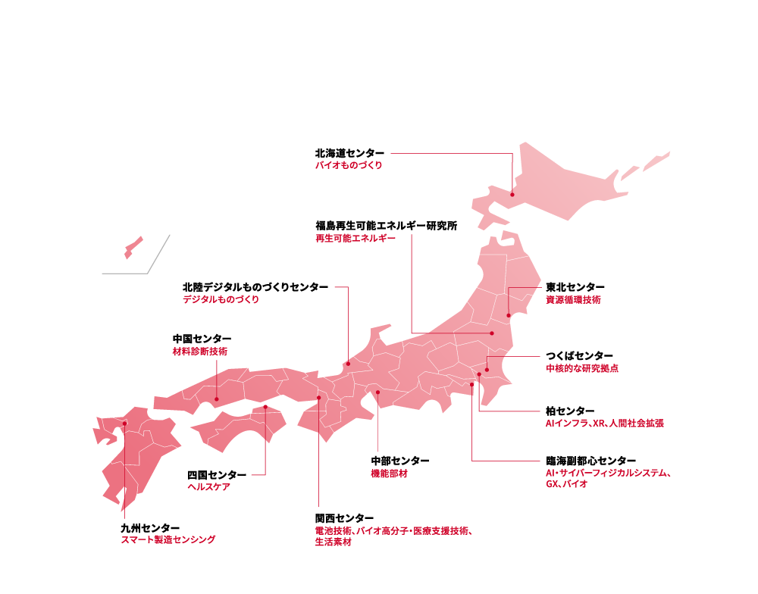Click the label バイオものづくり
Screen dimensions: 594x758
tap(349, 165)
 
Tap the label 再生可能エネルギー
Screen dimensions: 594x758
tap(356, 238)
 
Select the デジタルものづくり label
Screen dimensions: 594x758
tap(221, 300)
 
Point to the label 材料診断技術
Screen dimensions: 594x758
tap(199, 352)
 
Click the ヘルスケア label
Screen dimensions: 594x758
tap(208, 487)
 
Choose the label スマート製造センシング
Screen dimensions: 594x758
tap(168, 539)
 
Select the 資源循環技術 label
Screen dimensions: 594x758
tap(573, 300)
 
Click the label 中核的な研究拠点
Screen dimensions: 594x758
tap(582, 369)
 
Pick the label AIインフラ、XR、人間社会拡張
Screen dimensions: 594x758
tap(604, 424)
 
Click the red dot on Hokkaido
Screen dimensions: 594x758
tap(512, 195)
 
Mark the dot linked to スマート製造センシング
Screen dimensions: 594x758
tap(125, 424)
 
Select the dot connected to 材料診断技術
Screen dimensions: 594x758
tap(217, 399)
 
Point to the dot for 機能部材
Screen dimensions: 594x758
tap(377, 392)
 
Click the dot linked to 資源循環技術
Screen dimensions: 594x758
tap(509, 315)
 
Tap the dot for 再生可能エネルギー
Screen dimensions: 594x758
tap(492, 333)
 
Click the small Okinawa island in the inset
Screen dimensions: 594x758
tap(133, 246)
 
